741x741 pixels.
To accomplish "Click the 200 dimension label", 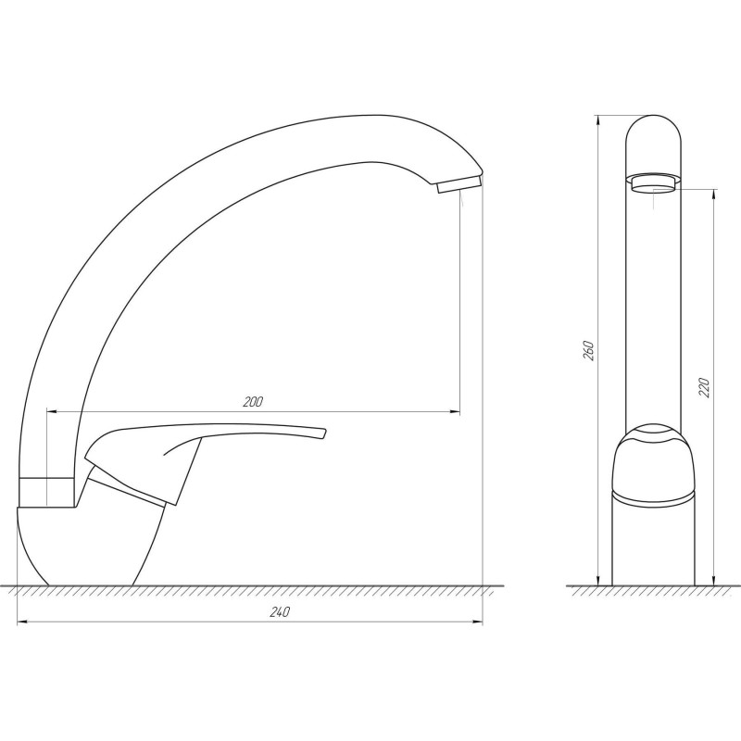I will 253,402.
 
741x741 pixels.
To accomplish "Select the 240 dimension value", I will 282,612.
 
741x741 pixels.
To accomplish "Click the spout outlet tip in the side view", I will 458,184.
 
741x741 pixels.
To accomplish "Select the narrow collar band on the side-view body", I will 46,492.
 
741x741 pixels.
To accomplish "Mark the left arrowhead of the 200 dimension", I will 50,410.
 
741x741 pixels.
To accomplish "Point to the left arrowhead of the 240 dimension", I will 22,622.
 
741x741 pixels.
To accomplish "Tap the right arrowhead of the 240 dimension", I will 479,622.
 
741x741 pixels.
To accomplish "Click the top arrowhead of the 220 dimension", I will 714,195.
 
